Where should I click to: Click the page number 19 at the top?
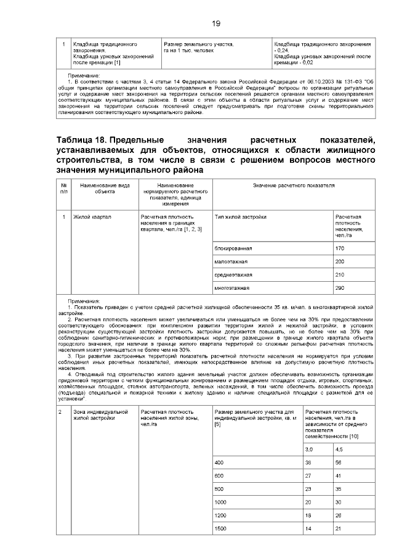pyautogui.click(x=216, y=23)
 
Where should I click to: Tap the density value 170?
pyautogui.click(x=340, y=248)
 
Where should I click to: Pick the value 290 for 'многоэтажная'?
pyautogui.click(x=340, y=288)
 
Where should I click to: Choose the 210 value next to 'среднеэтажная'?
pyautogui.click(x=340, y=274)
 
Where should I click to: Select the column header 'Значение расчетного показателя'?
pyautogui.click(x=292, y=186)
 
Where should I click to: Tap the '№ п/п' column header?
pyautogui.click(x=64, y=189)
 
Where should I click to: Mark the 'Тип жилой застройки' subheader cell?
pyautogui.click(x=241, y=218)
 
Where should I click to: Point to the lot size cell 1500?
pyautogui.click(x=221, y=530)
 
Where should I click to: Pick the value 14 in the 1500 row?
pyautogui.click(x=310, y=530)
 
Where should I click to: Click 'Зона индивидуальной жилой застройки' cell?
pyautogui.click(x=92, y=414)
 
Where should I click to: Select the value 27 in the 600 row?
pyautogui.click(x=310, y=475)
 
